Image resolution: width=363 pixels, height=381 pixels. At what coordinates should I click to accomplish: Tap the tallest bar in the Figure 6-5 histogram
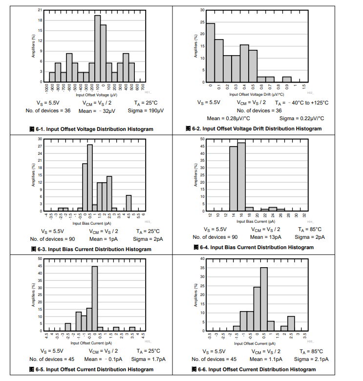tap(95, 298)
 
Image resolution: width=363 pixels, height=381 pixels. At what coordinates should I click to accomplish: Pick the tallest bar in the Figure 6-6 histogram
tap(264, 299)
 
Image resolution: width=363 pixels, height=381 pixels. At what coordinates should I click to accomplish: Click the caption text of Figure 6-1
tap(91, 129)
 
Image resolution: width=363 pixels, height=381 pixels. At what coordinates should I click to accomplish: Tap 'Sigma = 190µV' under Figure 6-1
tap(146, 110)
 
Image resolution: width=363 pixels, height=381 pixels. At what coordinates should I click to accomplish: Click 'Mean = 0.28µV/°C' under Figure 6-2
tap(229, 118)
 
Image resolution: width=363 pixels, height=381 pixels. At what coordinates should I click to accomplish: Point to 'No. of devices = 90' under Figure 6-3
tap(53, 239)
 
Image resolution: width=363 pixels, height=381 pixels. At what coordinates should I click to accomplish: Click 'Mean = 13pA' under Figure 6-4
tap(266, 237)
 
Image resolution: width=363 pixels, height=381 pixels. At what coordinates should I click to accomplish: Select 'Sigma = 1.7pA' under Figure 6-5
tap(147, 359)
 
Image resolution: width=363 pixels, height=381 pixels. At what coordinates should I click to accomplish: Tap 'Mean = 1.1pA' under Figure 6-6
tap(265, 359)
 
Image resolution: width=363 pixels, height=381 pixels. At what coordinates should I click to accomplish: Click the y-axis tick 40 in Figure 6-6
tap(202, 258)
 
